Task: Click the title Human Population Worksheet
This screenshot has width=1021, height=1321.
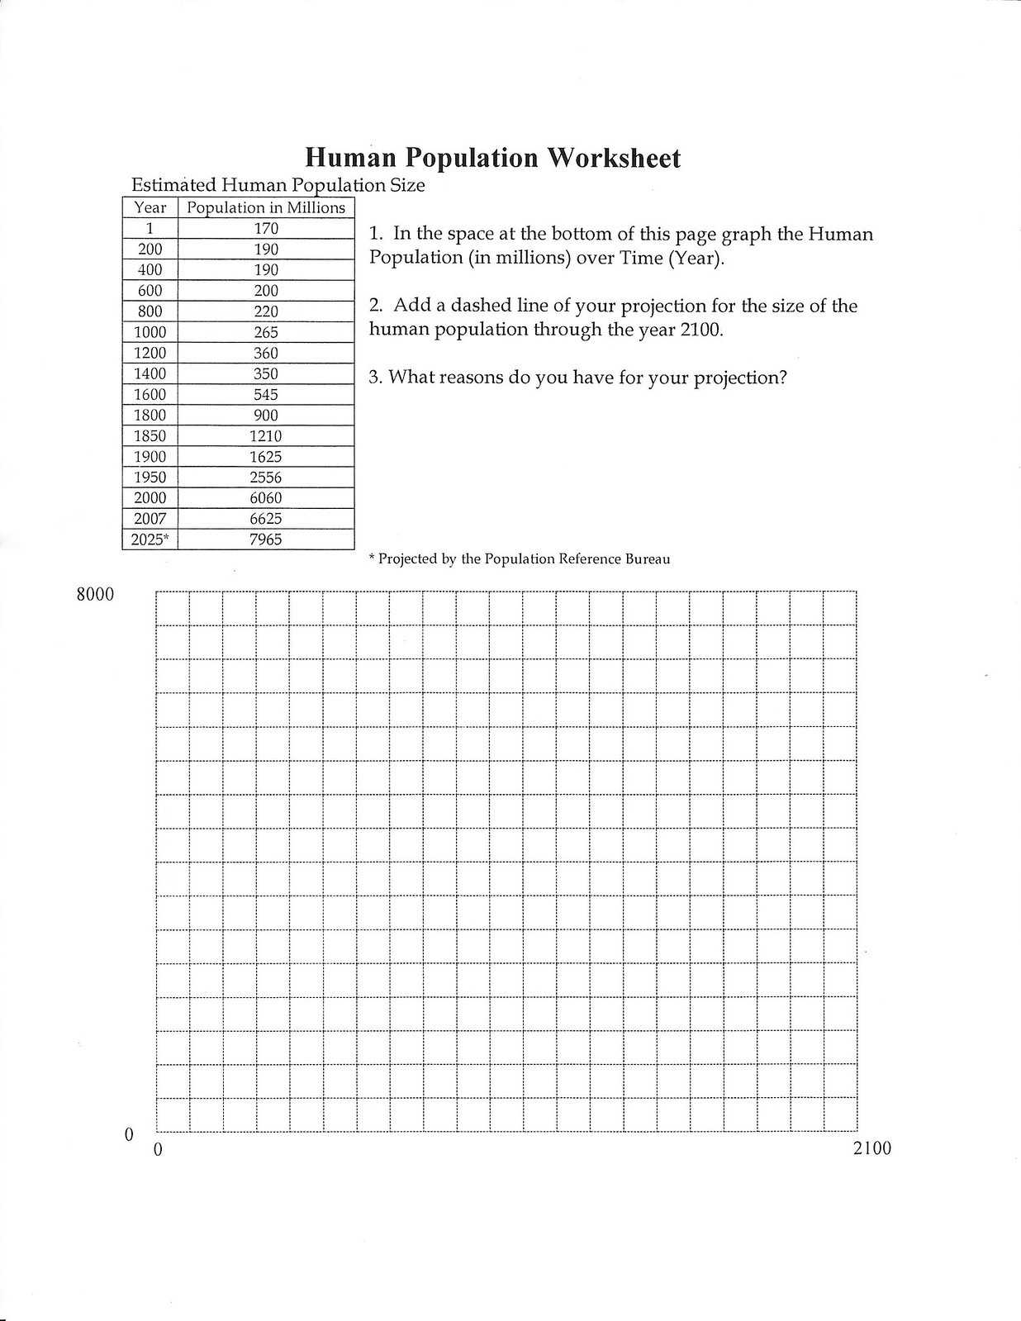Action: pyautogui.click(x=493, y=158)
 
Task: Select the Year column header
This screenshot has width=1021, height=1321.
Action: pyautogui.click(x=150, y=207)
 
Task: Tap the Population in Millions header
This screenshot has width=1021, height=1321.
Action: pyautogui.click(x=266, y=207)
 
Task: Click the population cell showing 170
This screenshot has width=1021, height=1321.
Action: pyautogui.click(x=266, y=228)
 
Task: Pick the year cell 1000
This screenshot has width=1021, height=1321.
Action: pyautogui.click(x=150, y=332)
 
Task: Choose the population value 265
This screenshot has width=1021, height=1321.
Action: pyautogui.click(x=266, y=332)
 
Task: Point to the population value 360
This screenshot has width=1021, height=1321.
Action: pyautogui.click(x=266, y=353)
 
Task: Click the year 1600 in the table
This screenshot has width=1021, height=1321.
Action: pyautogui.click(x=150, y=394)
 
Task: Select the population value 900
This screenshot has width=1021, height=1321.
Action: pyautogui.click(x=266, y=415)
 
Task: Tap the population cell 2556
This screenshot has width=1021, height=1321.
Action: pyautogui.click(x=266, y=477)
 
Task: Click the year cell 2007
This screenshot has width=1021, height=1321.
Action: pyautogui.click(x=150, y=518)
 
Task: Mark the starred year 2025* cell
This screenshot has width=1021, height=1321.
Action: pyautogui.click(x=150, y=539)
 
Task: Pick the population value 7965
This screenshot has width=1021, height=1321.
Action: pyautogui.click(x=266, y=539)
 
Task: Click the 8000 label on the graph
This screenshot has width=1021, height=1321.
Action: pyautogui.click(x=95, y=594)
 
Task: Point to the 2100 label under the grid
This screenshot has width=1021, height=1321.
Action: pyautogui.click(x=871, y=1148)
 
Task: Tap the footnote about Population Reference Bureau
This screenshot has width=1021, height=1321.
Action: pyautogui.click(x=520, y=559)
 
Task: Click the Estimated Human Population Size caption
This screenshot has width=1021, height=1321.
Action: pyautogui.click(x=278, y=185)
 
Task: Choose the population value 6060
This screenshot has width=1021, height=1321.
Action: pyautogui.click(x=266, y=497)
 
